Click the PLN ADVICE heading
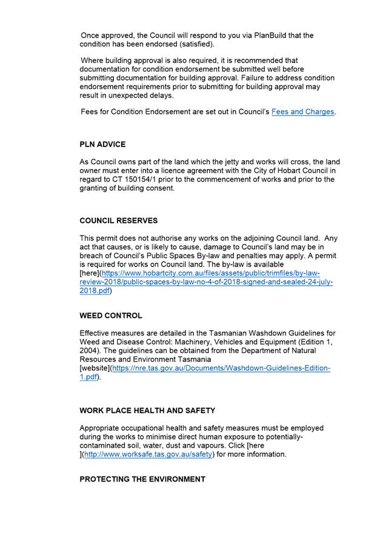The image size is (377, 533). tap(102, 144)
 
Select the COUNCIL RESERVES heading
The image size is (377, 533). tap(118, 220)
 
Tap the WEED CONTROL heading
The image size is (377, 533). tap(111, 316)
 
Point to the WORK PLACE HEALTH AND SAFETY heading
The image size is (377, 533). tap(147, 411)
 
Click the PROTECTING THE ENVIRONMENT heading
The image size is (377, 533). tap(142, 479)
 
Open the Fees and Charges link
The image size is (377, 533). tap(302, 112)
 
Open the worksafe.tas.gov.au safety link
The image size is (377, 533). tap(148, 454)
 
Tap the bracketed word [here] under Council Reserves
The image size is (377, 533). tap(93, 273)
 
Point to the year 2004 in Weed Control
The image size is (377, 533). tap(90, 351)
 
